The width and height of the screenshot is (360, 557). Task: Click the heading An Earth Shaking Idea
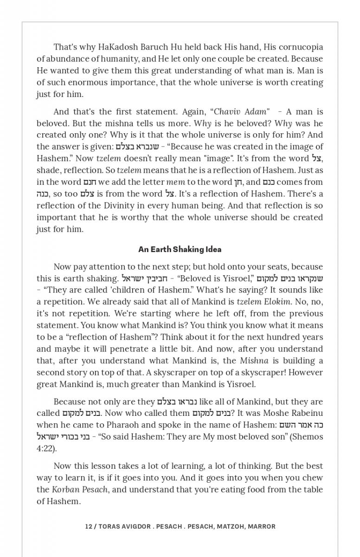tap(180, 249)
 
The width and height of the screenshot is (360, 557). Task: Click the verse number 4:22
tap(45, 448)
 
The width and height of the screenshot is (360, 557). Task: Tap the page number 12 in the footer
tap(89, 526)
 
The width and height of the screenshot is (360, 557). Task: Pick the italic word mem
tap(175, 182)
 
